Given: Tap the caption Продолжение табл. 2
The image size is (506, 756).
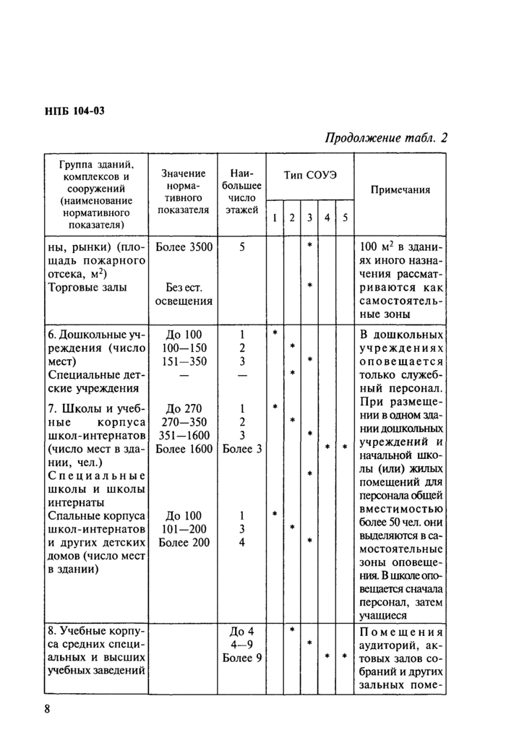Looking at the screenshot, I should (386, 138).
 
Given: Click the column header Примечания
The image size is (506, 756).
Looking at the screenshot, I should (400, 189).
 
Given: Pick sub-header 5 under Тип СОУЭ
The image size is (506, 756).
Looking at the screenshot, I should (344, 218).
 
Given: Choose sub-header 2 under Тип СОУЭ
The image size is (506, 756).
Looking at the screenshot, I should (291, 218).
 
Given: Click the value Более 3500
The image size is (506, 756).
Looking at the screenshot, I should (184, 247).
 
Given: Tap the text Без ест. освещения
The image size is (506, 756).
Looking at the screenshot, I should (184, 293).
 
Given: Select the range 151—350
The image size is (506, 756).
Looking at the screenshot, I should (184, 361).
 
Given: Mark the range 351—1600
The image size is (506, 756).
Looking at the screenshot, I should (184, 435).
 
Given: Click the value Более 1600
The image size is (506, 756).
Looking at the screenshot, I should (184, 449).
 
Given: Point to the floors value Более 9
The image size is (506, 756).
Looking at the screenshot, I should (242, 658).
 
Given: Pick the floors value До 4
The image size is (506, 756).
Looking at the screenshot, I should (242, 630).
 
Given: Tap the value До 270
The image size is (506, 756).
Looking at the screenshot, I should (184, 408).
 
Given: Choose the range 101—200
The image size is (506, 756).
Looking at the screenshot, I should (184, 529).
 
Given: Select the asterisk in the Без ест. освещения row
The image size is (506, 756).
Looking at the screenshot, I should (309, 286).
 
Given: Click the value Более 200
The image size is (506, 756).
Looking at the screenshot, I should (184, 543).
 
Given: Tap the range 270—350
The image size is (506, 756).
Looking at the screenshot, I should (184, 421).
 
